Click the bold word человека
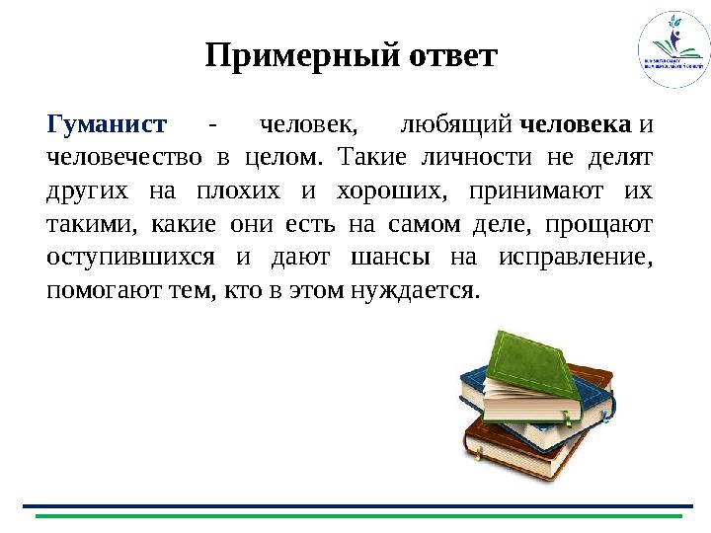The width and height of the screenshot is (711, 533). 575,125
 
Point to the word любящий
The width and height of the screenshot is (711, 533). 454,125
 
